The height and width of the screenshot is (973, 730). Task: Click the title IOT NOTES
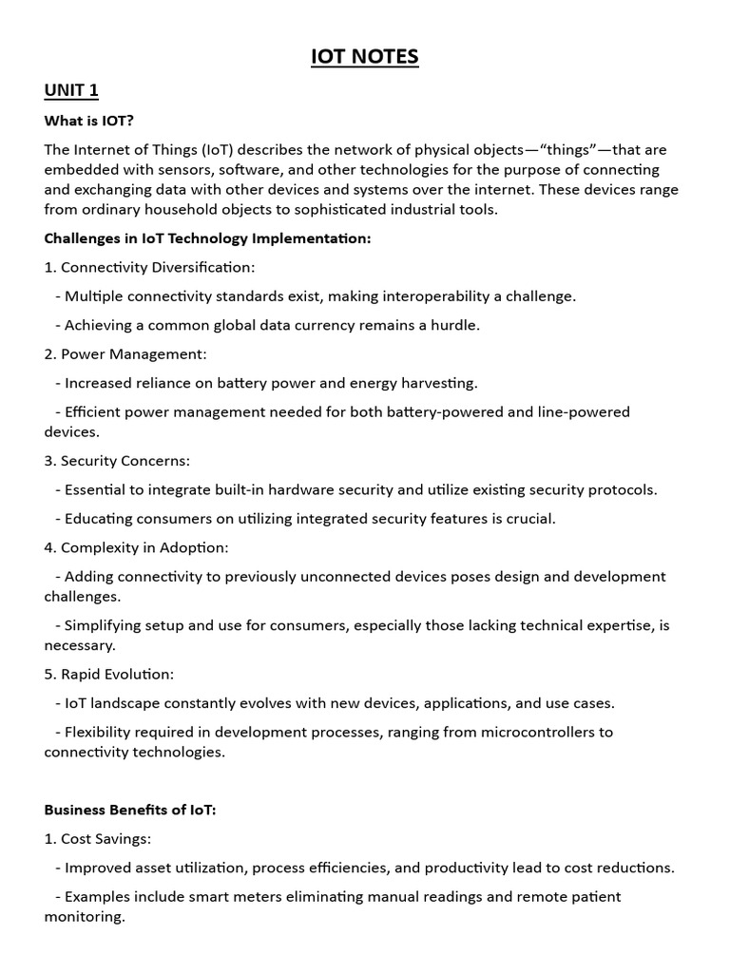click(x=365, y=57)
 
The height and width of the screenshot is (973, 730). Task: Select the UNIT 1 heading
click(x=71, y=90)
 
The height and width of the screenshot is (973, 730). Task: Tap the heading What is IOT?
click(x=88, y=121)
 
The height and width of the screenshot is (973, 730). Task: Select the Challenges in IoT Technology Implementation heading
click(x=207, y=238)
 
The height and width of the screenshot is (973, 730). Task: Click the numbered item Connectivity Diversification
click(x=149, y=267)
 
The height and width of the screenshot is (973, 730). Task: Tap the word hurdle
click(x=457, y=325)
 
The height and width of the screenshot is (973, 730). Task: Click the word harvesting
click(x=439, y=383)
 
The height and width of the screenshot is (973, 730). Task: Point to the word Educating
click(x=100, y=519)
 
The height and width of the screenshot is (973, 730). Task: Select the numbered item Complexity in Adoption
click(x=137, y=547)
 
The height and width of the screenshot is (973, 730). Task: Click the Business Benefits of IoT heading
click(x=130, y=810)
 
